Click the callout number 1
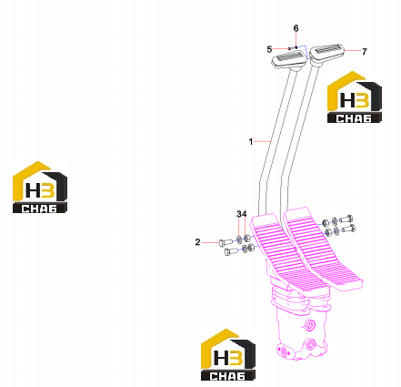point(251,141)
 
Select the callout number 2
point(197,242)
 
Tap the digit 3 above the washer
point(239,214)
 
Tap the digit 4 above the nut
point(244,214)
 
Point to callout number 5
point(269,49)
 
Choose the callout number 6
point(296,28)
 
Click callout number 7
point(365,52)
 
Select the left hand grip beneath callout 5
point(289,59)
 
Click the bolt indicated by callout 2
point(226,242)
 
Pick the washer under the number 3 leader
point(239,239)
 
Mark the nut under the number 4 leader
point(246,238)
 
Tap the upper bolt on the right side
point(346,219)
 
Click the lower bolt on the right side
point(348,229)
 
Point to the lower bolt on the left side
point(232,251)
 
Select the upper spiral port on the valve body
point(310,326)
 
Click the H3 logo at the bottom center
point(228,354)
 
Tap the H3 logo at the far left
point(40,187)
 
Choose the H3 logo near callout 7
point(355,97)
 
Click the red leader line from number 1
point(262,141)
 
